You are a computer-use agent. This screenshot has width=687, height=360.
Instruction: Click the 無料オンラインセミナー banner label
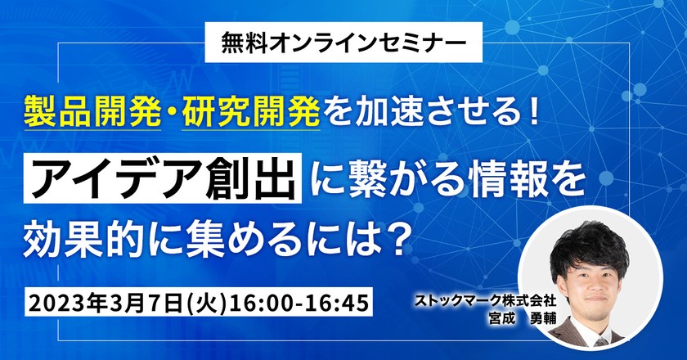(343, 39)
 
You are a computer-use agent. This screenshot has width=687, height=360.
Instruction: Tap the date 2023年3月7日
(103, 302)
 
